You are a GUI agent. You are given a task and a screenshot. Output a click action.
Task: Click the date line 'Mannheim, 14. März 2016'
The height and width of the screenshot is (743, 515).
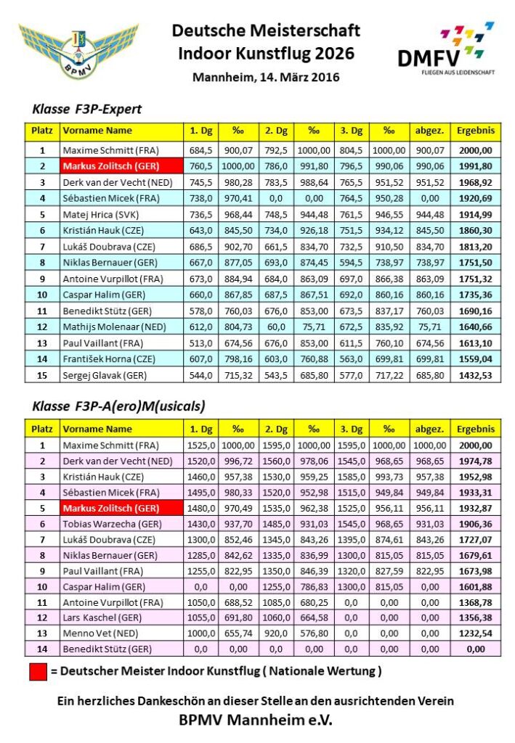tap(266, 76)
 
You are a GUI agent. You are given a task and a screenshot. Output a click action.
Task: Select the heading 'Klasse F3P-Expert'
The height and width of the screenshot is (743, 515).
tap(87, 110)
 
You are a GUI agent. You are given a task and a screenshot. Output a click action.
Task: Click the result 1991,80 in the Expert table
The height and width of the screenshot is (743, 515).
tap(476, 166)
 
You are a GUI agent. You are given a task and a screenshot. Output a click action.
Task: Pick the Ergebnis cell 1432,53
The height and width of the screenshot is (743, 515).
tap(476, 374)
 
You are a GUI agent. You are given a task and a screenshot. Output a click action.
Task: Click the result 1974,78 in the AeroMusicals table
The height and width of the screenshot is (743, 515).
tap(476, 461)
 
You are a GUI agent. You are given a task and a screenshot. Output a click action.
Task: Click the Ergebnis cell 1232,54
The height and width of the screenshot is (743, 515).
tap(476, 633)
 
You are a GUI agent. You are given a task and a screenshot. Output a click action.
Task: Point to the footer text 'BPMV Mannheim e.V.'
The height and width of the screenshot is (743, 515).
tap(259, 721)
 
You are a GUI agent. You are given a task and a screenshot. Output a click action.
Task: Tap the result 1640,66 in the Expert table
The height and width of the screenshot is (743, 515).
tap(476, 327)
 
